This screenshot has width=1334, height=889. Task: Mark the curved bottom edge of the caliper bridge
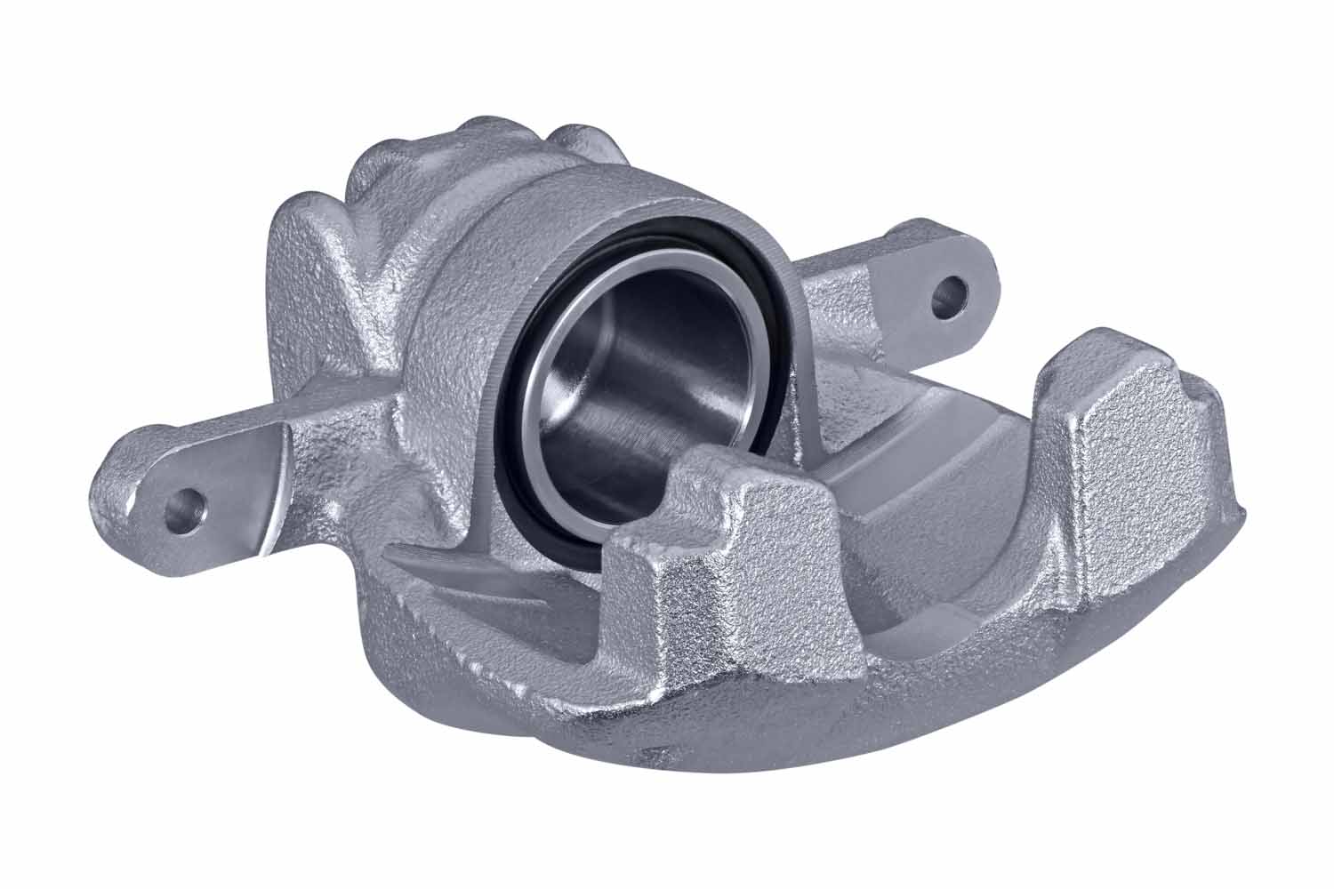[x=800, y=738]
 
